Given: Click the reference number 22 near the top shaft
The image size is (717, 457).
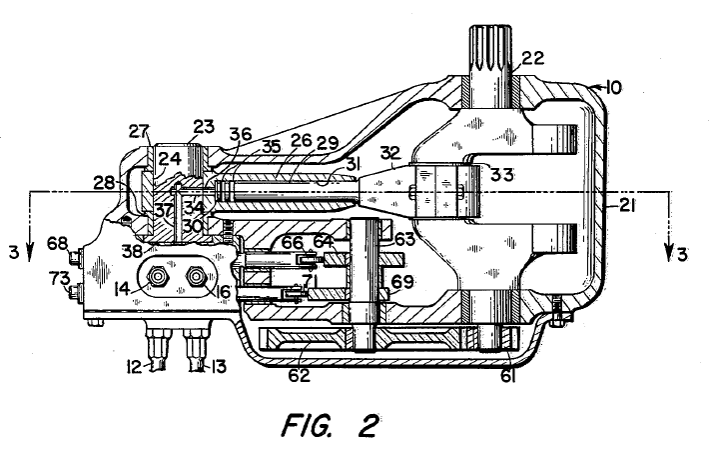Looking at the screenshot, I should pos(532,59).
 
